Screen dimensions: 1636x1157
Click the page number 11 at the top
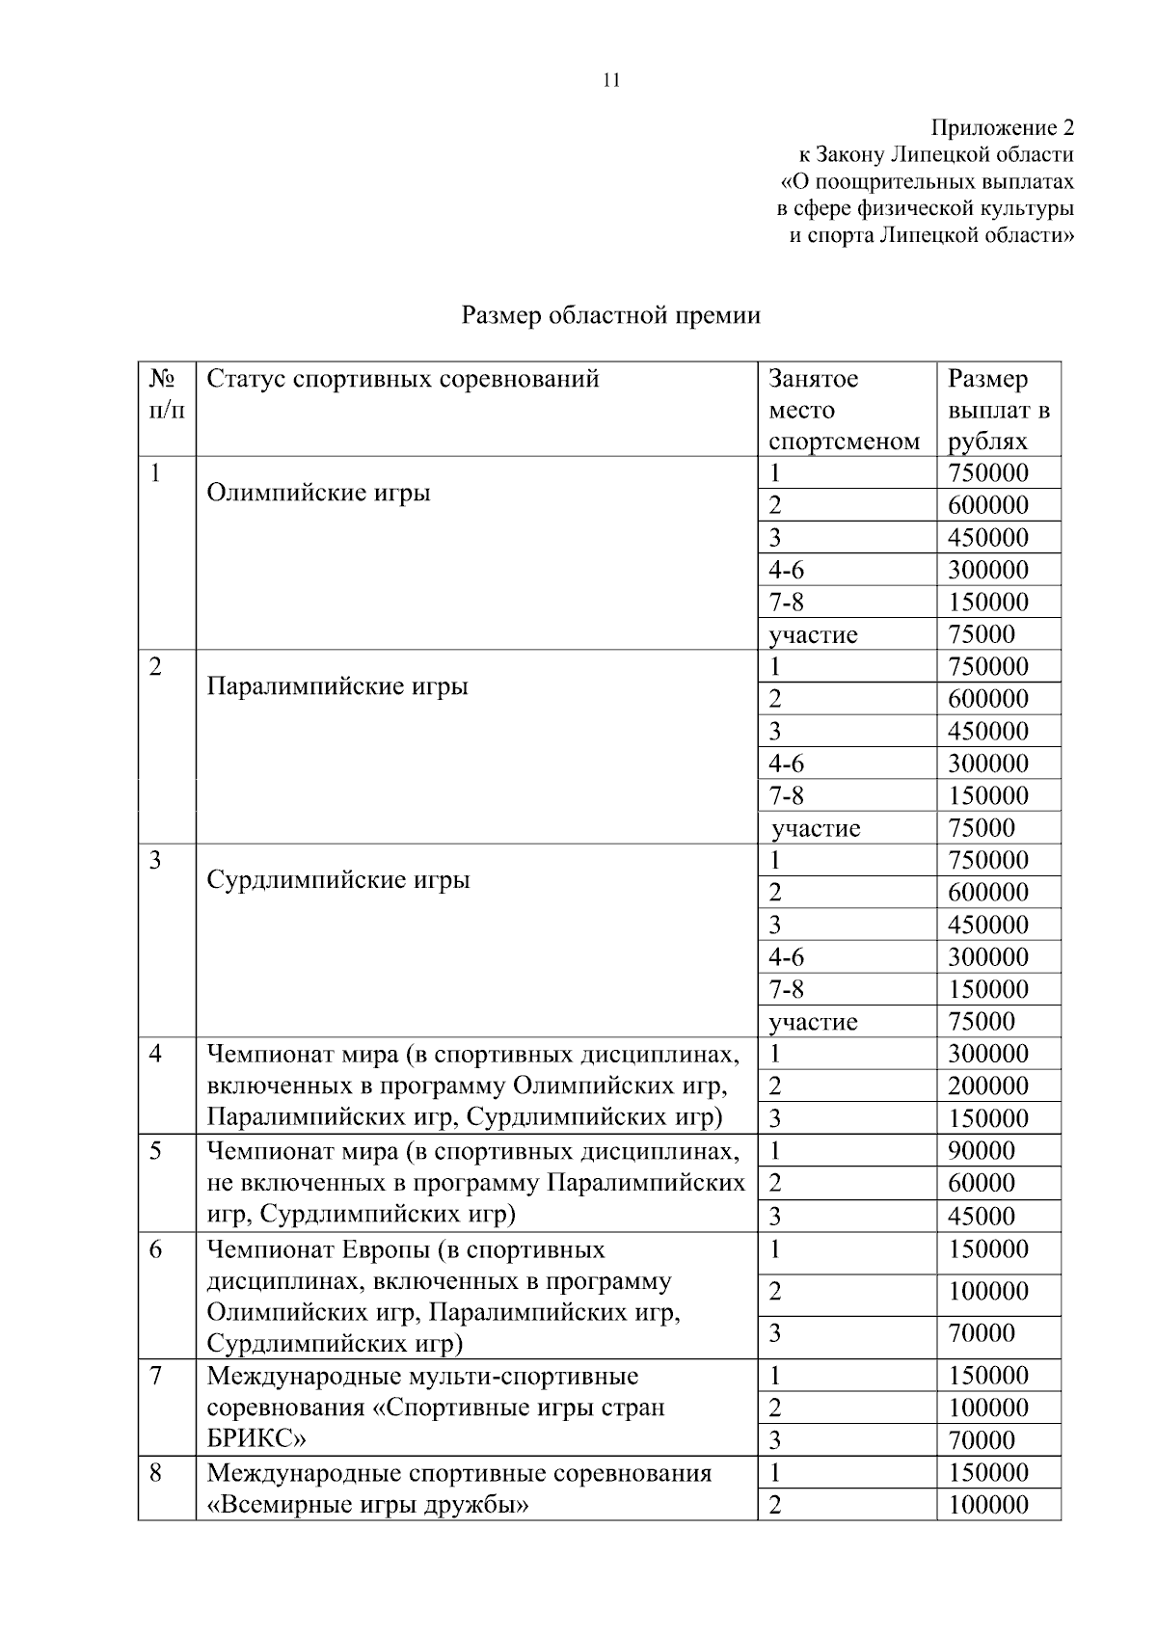point(611,81)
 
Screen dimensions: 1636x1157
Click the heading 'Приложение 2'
point(1002,127)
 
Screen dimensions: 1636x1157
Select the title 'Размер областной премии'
point(611,315)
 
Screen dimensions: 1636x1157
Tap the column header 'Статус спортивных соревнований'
point(403,379)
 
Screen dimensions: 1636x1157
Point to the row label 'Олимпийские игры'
point(319,493)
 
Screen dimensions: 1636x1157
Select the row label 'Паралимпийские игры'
point(337,686)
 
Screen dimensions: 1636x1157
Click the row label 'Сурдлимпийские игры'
point(338,880)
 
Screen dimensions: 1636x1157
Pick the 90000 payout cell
point(982,1151)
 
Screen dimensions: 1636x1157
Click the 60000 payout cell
point(982,1183)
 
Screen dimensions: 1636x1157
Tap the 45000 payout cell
point(982,1216)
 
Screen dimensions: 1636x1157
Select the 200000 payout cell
point(988,1086)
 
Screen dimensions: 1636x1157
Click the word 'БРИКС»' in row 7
point(256,1439)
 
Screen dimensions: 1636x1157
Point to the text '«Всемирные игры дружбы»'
point(368,1504)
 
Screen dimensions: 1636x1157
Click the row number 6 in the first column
point(156,1250)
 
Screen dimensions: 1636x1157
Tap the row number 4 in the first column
point(156,1054)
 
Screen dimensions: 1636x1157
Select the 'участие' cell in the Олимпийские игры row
point(813,634)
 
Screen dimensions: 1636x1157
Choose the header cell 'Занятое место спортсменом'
point(845,410)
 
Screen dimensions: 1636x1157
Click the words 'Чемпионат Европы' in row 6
point(318,1250)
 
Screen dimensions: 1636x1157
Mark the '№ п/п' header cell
point(166,394)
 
